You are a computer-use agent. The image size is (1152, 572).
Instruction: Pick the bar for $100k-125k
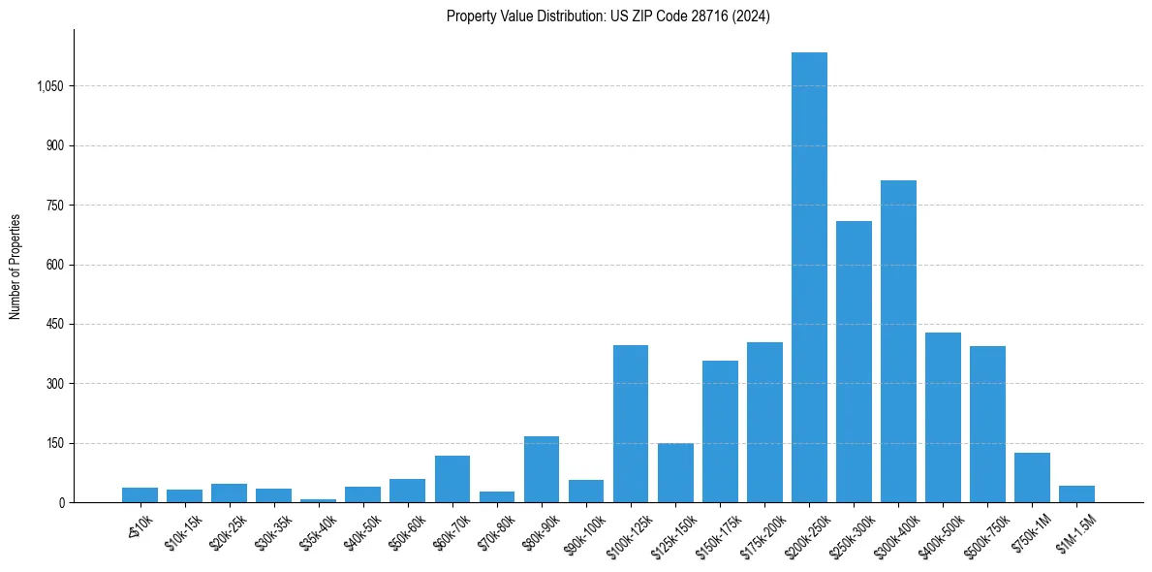(631, 424)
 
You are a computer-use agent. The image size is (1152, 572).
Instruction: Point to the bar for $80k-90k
(542, 469)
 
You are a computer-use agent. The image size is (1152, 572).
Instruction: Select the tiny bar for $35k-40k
(319, 500)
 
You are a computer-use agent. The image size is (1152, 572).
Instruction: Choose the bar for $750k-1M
(1032, 477)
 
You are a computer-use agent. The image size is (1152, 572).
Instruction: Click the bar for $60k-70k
(452, 479)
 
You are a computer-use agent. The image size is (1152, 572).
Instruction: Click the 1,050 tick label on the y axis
(49, 86)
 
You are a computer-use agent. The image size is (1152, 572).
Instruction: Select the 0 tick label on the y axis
(61, 502)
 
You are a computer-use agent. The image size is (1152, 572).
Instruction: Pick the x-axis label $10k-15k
(183, 532)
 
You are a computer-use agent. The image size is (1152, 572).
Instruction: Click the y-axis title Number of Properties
(15, 266)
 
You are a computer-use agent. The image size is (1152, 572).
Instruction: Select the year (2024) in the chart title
(752, 16)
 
